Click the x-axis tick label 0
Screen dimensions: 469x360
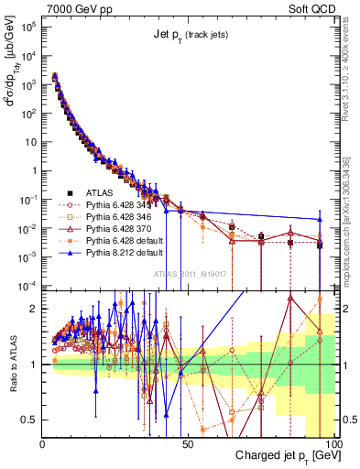[x=43, y=444]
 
